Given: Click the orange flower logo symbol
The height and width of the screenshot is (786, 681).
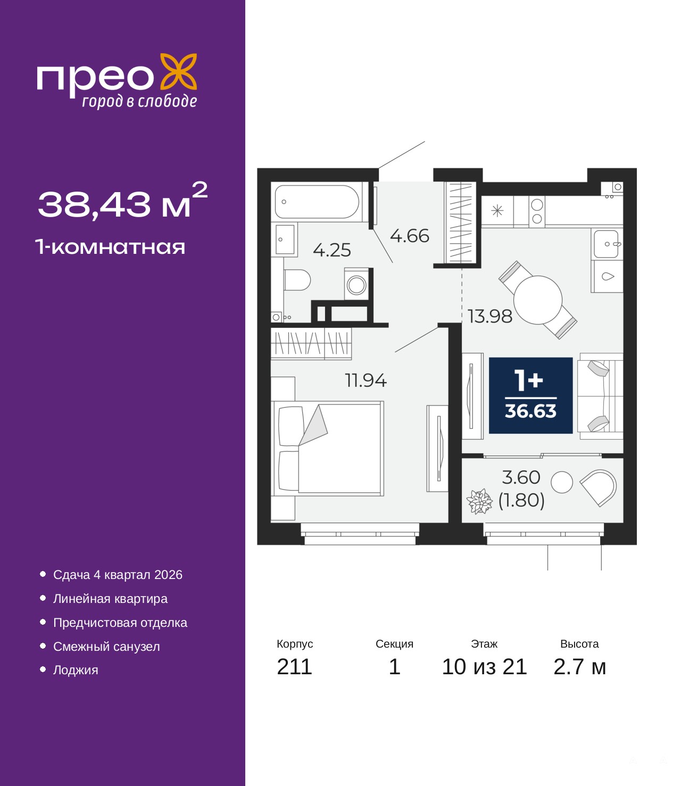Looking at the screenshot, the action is tap(178, 72).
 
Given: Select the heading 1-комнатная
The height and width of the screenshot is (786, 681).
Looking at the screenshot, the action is tap(110, 247).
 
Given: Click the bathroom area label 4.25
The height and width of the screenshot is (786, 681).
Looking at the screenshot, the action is tap(331, 250).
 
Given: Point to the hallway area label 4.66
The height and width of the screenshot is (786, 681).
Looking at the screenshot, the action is tap(410, 236).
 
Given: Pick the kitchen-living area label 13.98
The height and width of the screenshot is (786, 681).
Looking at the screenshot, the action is tap(490, 317).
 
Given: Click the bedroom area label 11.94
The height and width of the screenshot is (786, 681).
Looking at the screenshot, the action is tap(366, 380).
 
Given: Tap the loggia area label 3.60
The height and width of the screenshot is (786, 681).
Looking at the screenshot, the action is tap(521, 477).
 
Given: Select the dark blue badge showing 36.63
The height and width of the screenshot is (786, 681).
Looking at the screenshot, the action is tap(530, 395).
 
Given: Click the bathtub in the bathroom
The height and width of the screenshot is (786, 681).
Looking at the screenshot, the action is tap(317, 202).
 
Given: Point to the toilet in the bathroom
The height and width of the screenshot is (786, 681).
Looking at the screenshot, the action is tap(297, 280).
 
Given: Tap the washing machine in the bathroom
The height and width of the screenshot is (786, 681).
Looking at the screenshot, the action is tap(356, 284).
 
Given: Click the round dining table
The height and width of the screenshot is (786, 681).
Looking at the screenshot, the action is tap(538, 300).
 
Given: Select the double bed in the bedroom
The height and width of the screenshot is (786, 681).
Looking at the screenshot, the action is tap(327, 448).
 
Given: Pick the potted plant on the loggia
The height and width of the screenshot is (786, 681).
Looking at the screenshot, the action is tap(479, 501).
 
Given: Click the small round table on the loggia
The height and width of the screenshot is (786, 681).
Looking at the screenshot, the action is tap(562, 482).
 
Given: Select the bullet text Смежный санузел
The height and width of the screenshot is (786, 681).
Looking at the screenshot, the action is tap(106, 647).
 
